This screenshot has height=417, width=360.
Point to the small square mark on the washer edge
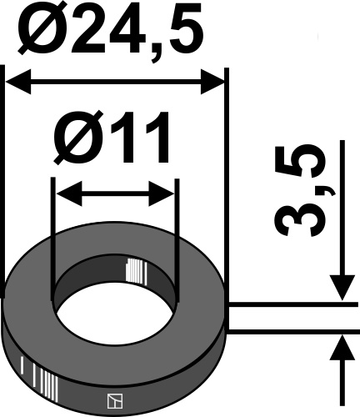pos(112,401)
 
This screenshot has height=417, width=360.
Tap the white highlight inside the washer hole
pos(132,272)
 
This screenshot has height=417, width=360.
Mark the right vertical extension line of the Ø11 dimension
pos(177,242)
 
